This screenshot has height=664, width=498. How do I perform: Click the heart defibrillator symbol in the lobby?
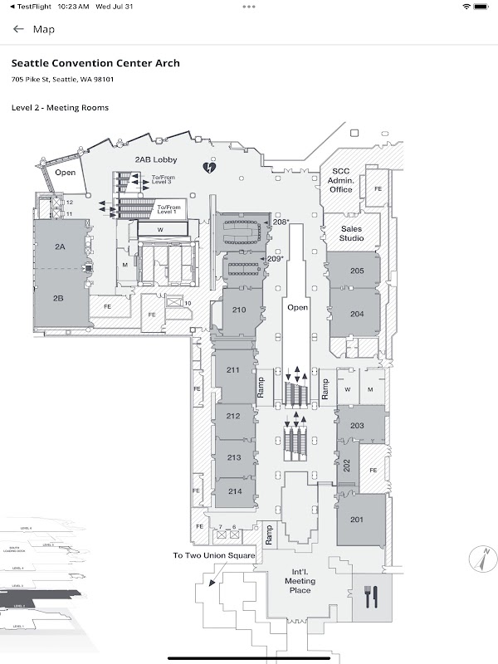click(211, 168)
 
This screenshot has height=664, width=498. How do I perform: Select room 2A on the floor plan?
click(60, 247)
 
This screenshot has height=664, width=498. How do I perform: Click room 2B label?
click(59, 298)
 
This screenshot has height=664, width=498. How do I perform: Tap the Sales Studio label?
click(351, 233)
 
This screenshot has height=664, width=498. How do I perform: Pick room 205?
click(357, 271)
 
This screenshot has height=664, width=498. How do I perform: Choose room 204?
click(357, 314)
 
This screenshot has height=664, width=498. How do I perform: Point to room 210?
click(239, 310)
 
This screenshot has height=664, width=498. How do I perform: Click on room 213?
click(233, 457)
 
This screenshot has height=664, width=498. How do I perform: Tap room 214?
click(235, 491)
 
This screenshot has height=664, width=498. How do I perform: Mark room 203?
click(357, 426)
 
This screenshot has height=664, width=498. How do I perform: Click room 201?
click(357, 520)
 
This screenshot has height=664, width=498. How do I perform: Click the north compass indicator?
click(480, 558)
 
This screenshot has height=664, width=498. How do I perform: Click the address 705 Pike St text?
click(62, 80)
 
